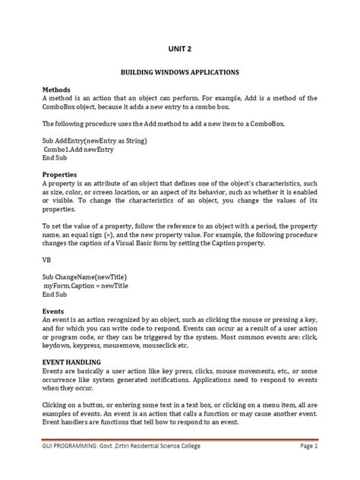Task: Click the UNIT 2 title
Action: pyautogui.click(x=179, y=49)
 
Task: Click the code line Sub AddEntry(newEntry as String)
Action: pyautogui.click(x=95, y=141)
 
